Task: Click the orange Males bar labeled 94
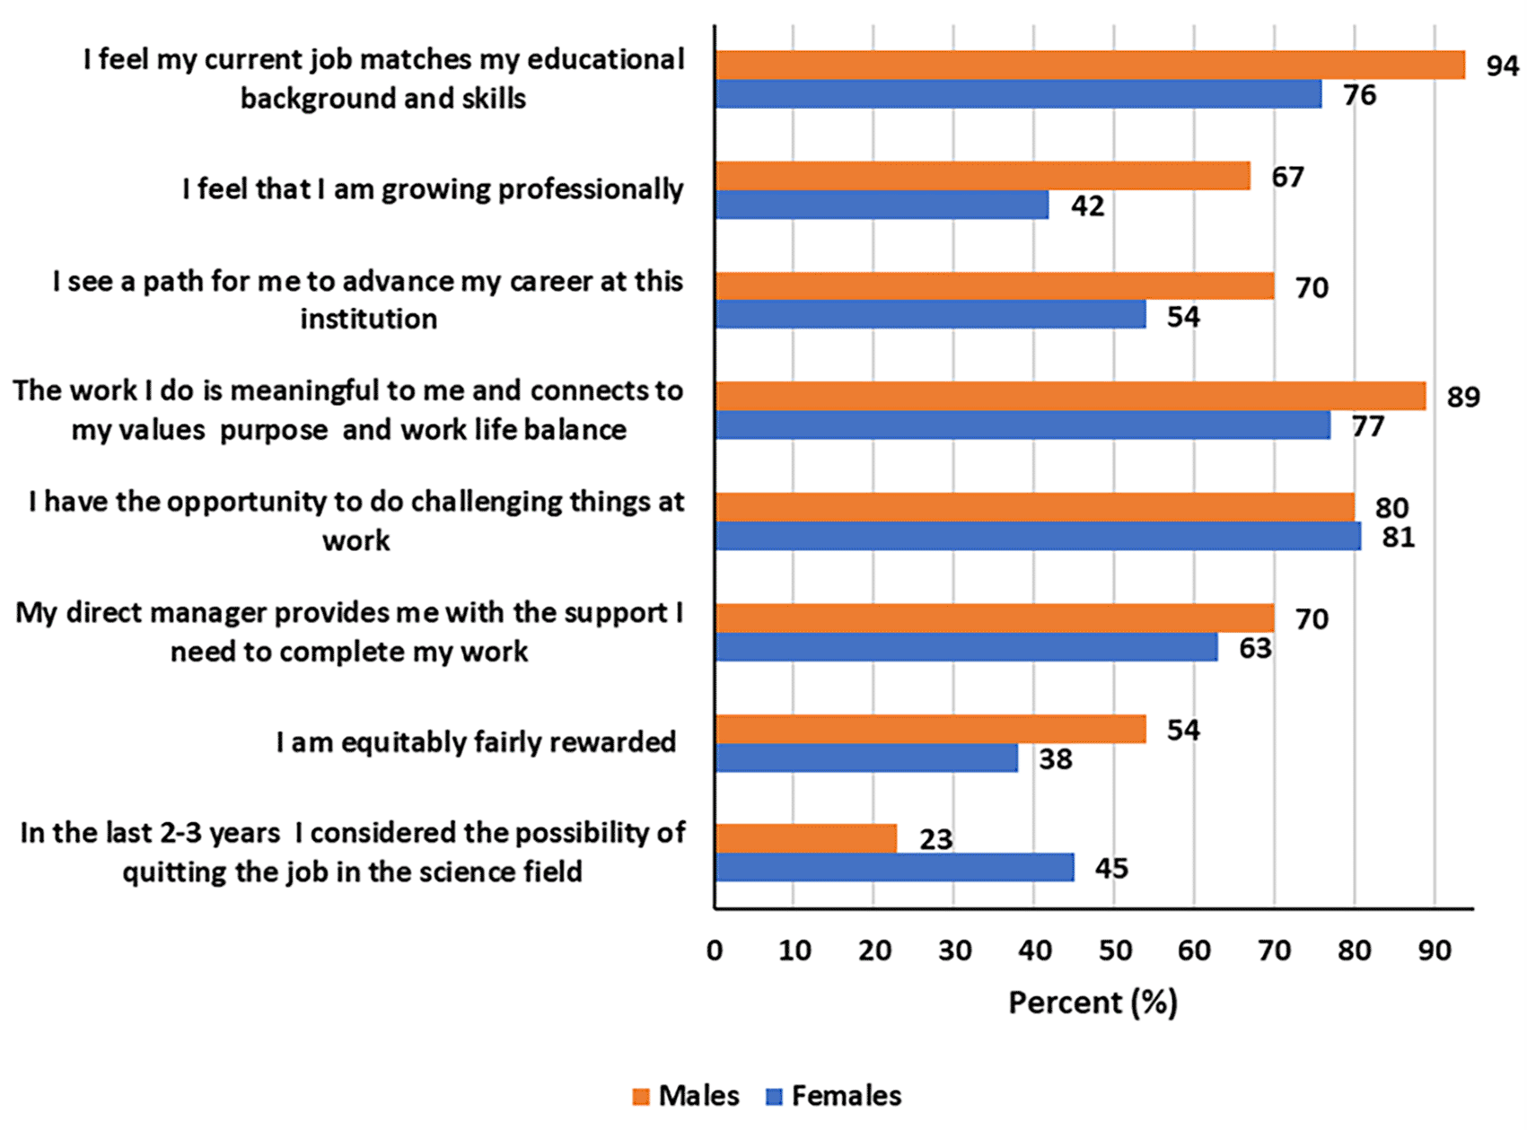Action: point(1090,65)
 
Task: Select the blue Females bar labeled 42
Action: point(882,205)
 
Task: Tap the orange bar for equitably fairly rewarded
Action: point(931,729)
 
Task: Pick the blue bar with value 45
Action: point(894,867)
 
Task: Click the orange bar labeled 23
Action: point(806,838)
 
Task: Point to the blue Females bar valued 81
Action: point(1038,536)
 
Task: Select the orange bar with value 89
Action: point(1070,396)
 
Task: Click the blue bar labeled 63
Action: point(966,647)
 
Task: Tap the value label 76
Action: point(1359,94)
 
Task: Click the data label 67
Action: point(1287,177)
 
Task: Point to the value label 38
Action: point(1056,759)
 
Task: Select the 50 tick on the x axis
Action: point(1115,950)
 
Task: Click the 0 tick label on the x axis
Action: point(715,950)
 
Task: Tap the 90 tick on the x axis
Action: point(1435,950)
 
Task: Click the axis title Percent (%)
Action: point(1093,1003)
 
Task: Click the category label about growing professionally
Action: point(433,189)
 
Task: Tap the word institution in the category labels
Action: point(369,319)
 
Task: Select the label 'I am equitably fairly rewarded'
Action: point(476,742)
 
